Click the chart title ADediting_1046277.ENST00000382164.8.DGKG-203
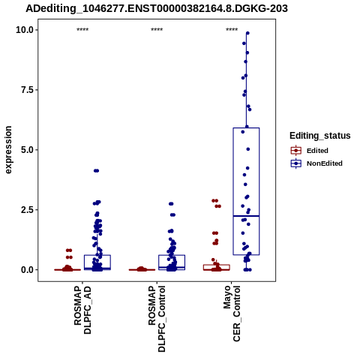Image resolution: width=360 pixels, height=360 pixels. coord(157,8)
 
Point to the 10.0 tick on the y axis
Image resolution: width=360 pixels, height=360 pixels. coord(25,30)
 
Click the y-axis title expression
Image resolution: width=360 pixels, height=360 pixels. coord(8,150)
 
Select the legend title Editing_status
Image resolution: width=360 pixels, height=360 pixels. coord(320,136)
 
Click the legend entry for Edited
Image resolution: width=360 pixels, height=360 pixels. coord(317,151)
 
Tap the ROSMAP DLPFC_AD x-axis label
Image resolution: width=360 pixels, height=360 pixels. coord(82,310)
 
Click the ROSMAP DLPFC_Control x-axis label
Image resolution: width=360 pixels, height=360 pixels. coord(157,319)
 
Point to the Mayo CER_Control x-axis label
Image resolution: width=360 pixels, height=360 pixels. coord(232,313)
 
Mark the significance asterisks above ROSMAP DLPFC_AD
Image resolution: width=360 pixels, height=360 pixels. coord(82,30)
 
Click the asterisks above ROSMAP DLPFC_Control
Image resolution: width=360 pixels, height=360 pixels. coord(157,30)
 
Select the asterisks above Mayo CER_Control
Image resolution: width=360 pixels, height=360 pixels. coord(232,30)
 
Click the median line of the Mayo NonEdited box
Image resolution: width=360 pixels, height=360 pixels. coord(246,216)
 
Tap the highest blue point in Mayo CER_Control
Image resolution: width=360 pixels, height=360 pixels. coord(247,33)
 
